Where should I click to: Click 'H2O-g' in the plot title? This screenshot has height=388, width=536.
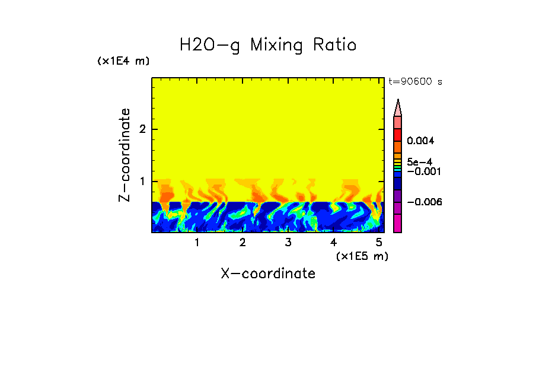[x=209, y=46]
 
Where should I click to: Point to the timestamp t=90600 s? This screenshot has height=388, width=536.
[x=415, y=82]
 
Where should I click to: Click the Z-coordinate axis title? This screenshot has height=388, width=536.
[x=125, y=155]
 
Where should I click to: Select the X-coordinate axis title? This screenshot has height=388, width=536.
[x=268, y=273]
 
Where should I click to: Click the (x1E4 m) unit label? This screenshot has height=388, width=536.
[x=123, y=61]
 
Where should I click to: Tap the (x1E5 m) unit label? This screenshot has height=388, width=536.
[x=362, y=256]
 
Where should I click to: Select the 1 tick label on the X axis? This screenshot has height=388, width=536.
[x=197, y=242]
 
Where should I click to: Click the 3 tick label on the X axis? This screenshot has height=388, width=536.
[x=288, y=242]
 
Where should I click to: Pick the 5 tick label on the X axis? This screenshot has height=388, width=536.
[x=379, y=242]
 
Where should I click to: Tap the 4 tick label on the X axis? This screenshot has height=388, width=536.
[x=333, y=242]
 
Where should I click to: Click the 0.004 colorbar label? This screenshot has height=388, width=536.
[x=421, y=141]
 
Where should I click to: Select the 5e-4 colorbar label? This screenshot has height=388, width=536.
[x=419, y=161]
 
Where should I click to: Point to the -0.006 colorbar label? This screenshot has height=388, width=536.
[x=423, y=202]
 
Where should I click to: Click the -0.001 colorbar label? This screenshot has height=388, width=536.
[x=423, y=171]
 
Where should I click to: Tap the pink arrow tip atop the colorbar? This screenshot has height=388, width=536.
[x=398, y=107]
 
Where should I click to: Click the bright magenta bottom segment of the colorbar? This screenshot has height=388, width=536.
[x=398, y=224]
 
